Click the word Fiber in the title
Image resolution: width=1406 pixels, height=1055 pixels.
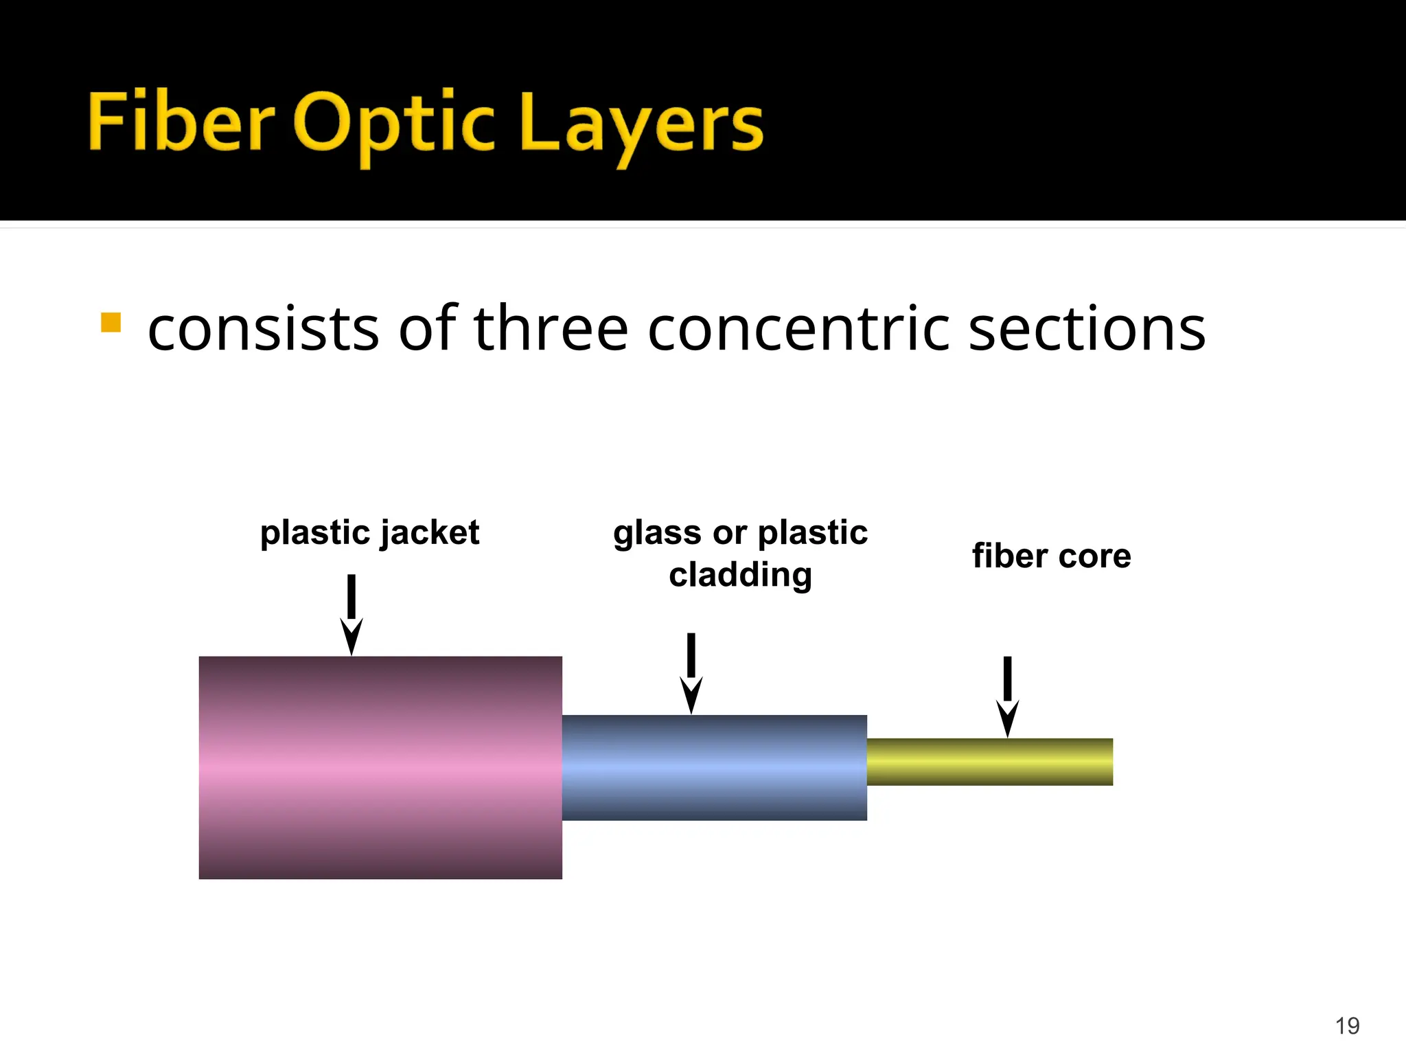(x=181, y=122)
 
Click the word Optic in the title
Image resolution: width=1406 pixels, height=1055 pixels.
(x=394, y=124)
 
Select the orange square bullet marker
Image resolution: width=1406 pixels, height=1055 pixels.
(x=111, y=322)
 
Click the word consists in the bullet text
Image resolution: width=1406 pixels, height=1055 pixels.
(x=264, y=329)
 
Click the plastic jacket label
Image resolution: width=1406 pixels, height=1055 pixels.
(x=369, y=533)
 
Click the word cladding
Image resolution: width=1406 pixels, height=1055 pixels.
(x=740, y=574)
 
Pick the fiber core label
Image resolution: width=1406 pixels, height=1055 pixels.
(x=1051, y=556)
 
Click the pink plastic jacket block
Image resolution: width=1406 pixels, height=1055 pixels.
(x=380, y=767)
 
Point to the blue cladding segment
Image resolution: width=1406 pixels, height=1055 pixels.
(x=714, y=767)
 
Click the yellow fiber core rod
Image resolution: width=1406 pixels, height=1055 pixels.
(x=989, y=762)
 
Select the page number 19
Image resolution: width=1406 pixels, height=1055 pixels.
(x=1347, y=1025)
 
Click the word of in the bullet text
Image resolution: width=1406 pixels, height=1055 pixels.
(x=428, y=329)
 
